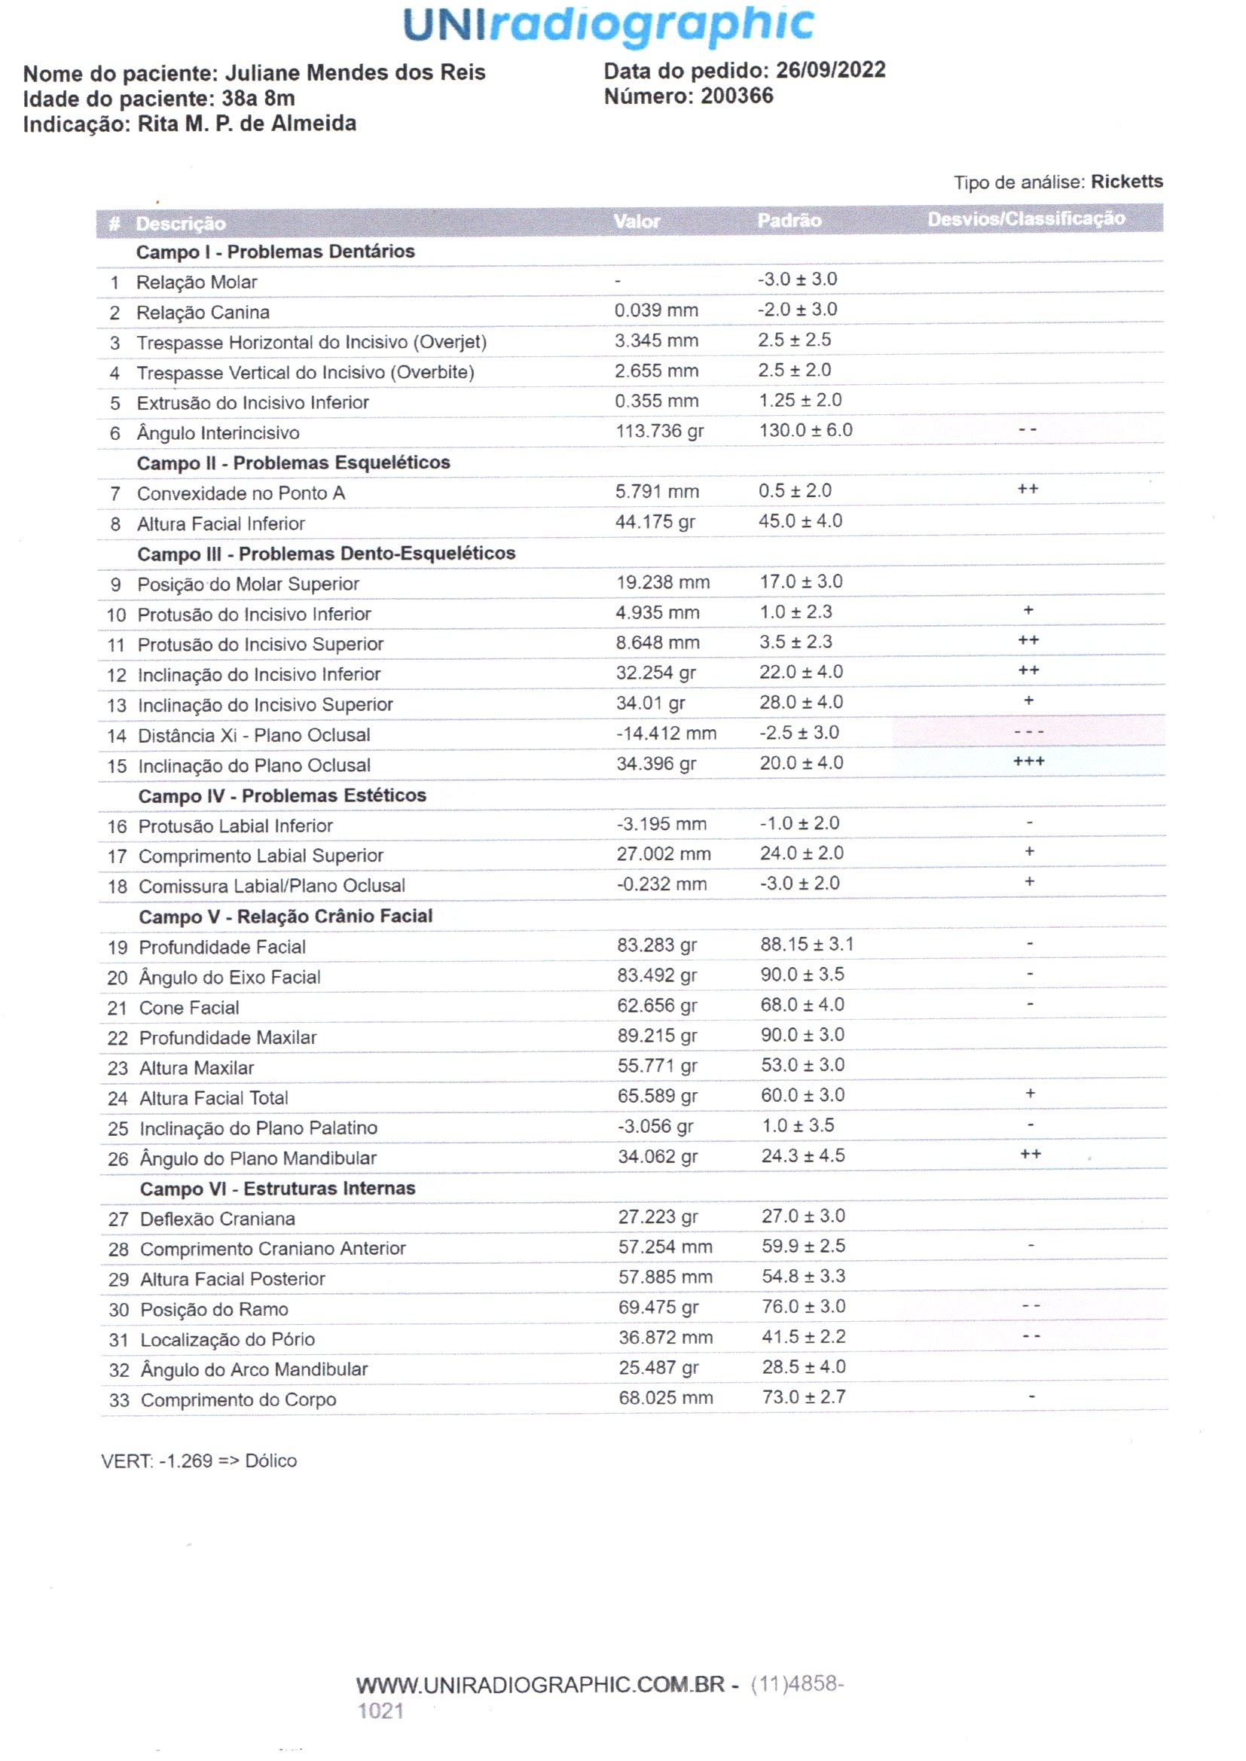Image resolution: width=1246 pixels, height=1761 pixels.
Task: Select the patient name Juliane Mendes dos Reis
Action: click(x=355, y=73)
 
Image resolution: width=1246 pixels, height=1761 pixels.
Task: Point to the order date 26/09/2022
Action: click(x=830, y=71)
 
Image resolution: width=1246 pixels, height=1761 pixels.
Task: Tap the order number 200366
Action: click(x=737, y=96)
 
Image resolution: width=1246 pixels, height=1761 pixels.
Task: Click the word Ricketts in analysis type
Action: click(x=1126, y=182)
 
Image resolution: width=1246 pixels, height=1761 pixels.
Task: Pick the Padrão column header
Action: click(x=789, y=221)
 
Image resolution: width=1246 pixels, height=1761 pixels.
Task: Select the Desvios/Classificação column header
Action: click(x=1026, y=219)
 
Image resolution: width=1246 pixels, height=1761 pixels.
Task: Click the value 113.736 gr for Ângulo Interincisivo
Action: click(x=659, y=431)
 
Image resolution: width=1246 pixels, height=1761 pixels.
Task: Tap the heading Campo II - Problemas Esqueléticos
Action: click(x=293, y=462)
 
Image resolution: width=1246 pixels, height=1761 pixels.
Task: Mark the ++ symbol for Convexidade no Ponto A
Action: click(x=1028, y=490)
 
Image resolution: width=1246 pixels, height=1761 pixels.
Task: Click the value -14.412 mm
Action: click(x=666, y=733)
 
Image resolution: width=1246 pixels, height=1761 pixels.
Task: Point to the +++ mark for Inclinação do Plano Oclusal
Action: click(x=1029, y=761)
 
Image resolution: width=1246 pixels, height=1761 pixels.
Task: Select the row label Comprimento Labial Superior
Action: click(x=261, y=855)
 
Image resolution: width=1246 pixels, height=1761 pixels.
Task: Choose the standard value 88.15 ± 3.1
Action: click(x=806, y=945)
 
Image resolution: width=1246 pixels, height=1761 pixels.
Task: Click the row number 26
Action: click(x=118, y=1158)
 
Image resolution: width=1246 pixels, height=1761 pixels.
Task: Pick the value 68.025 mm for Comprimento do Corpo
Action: click(x=665, y=1397)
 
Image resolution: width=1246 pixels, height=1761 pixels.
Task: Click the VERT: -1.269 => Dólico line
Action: click(x=199, y=1460)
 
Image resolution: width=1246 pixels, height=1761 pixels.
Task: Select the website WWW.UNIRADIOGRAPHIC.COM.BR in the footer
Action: click(x=540, y=1684)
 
